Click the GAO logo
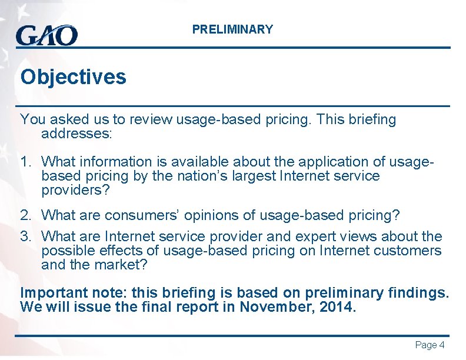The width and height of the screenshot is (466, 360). tap(46, 35)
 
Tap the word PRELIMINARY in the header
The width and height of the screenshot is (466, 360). tap(232, 29)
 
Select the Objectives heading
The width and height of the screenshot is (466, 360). tap(73, 77)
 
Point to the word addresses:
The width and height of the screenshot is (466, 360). tap(76, 134)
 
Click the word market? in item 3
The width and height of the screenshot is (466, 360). tap(125, 265)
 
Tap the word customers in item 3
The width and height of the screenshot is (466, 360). tap(408, 251)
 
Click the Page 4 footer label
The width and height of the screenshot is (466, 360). tap(430, 345)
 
